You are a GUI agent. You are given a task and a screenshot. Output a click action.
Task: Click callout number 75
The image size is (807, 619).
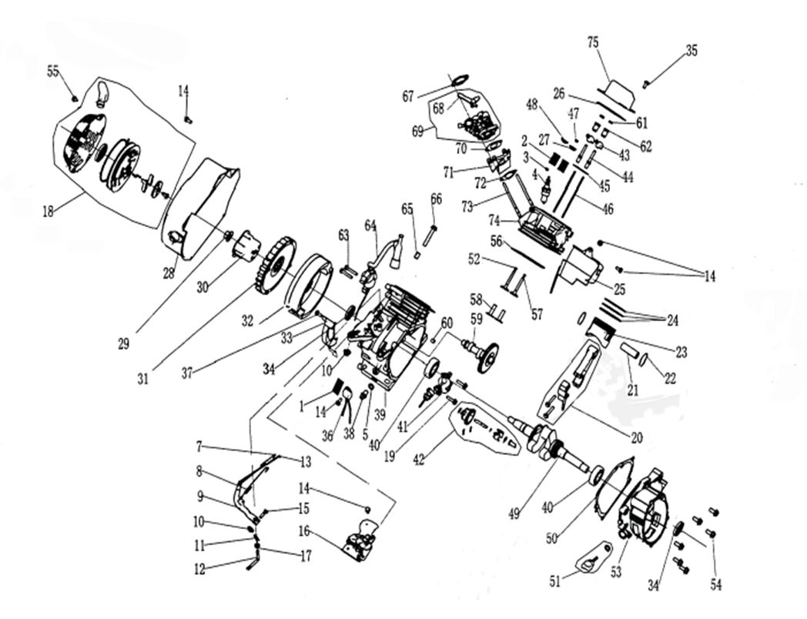pos(593,43)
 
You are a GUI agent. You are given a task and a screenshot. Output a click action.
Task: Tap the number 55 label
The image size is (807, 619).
pos(53,71)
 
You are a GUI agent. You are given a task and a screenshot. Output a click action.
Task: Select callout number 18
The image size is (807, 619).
pos(49,211)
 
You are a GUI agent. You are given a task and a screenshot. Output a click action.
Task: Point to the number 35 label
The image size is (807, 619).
pos(691,51)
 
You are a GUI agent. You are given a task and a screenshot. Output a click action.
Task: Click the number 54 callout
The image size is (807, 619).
pos(716,585)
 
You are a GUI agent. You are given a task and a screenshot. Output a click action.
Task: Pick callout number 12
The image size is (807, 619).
pos(199,570)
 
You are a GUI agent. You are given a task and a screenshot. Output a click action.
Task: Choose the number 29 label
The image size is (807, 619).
pos(123,344)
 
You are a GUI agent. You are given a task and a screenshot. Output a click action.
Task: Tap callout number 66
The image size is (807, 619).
pos(437,199)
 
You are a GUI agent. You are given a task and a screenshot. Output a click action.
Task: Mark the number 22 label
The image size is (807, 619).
pos(670,380)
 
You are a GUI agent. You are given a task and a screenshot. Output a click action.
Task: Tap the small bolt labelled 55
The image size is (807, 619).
pos(75,99)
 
